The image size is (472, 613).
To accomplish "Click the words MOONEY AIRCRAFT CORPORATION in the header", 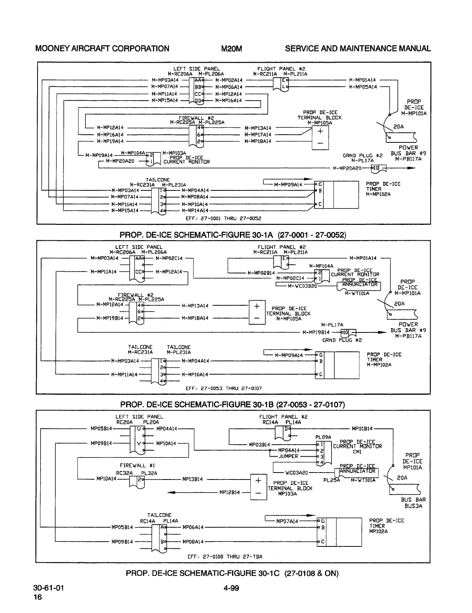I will [102, 48].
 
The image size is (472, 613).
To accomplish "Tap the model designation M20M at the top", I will [231, 48].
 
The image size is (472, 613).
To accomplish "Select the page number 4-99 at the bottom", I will [231, 589].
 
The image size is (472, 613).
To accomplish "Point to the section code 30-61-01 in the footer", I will [49, 589].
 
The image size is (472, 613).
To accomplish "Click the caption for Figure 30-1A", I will [233, 235].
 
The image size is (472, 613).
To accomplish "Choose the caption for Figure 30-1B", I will [233, 404].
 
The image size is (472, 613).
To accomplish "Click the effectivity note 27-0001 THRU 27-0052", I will [224, 218].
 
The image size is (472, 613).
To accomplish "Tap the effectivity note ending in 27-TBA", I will [225, 556].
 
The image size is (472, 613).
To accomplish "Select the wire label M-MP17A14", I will [258, 135].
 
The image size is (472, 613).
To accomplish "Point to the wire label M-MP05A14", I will [363, 87].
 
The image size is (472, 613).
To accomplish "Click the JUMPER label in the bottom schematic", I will [288, 456].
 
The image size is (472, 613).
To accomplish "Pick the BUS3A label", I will [413, 505].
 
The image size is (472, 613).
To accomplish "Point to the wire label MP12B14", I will [230, 492].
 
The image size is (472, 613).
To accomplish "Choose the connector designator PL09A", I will [323, 437].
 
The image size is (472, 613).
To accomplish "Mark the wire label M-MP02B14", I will [261, 273].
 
